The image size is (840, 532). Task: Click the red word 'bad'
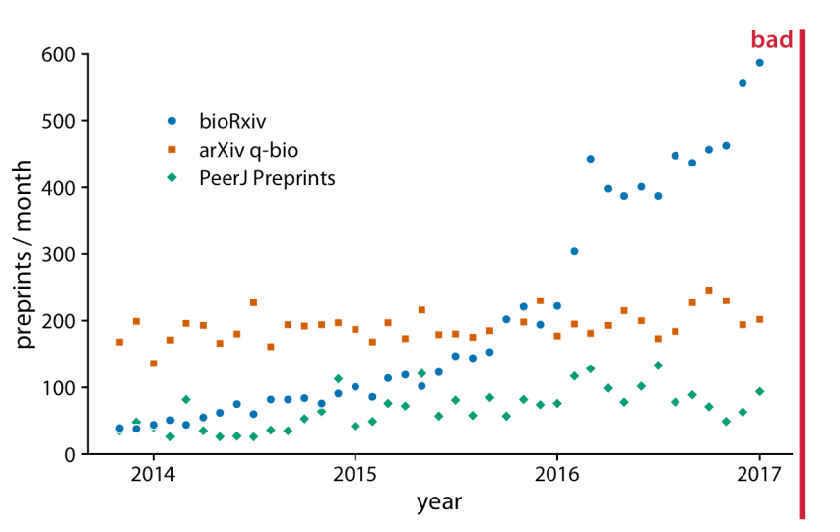[x=772, y=39]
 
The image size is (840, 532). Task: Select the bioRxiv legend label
[x=232, y=121]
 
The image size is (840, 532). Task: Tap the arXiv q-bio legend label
[x=248, y=150]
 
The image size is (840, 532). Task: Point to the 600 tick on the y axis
[x=58, y=54]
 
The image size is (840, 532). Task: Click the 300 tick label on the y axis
[x=58, y=254]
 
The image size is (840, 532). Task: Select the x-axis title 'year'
[x=438, y=502]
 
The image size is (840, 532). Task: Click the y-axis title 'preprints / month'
[x=25, y=254]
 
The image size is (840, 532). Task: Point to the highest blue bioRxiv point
[x=759, y=63]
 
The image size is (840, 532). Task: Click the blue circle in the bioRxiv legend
[x=172, y=121]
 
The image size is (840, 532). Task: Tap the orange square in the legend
[x=172, y=150]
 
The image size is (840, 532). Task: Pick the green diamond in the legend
[x=172, y=178]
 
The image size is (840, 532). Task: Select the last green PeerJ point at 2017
[x=759, y=391]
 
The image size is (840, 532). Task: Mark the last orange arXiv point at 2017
[x=759, y=319]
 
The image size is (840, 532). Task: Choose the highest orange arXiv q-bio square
[x=708, y=290]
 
